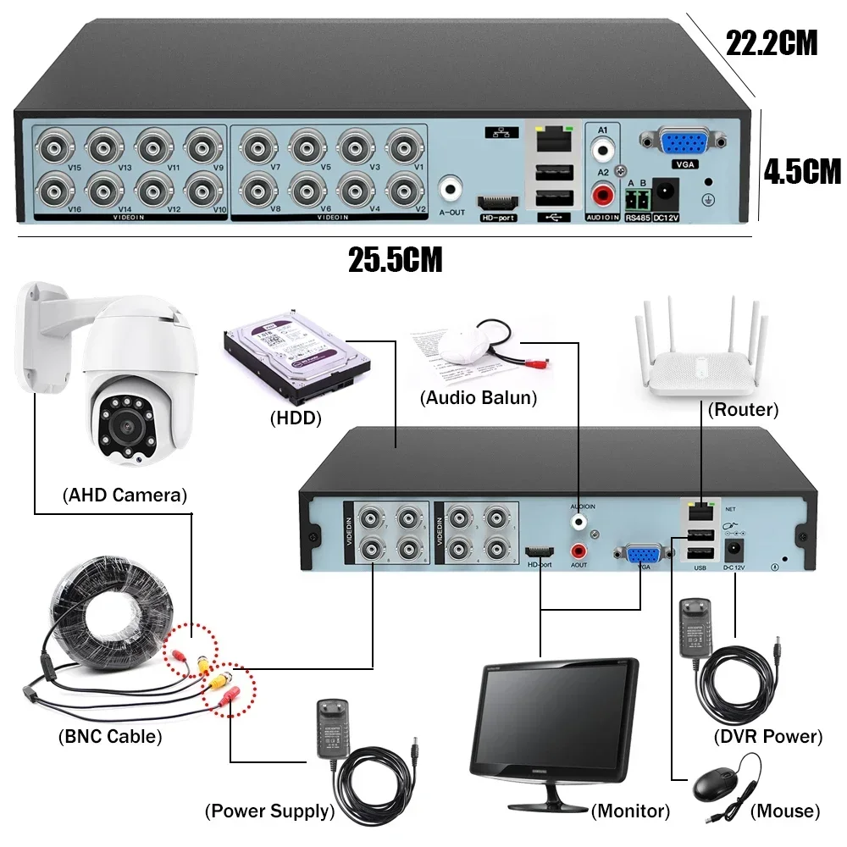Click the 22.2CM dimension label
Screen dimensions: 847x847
point(772,42)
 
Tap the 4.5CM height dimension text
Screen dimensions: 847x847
point(802,171)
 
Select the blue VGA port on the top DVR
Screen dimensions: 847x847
point(681,143)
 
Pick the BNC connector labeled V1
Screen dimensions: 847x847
point(405,145)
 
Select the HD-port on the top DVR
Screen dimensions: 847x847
point(497,203)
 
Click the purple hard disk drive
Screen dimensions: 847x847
point(296,365)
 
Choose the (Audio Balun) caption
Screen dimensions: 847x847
point(479,398)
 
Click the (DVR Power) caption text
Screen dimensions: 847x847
point(767,736)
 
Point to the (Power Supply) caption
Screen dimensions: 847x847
point(269,811)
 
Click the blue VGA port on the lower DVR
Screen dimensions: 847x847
point(643,555)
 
